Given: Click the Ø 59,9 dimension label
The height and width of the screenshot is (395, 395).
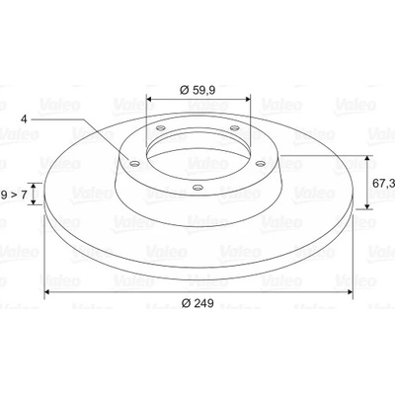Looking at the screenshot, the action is pyautogui.click(x=197, y=90).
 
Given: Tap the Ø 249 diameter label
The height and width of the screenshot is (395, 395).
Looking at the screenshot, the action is pyautogui.click(x=197, y=303).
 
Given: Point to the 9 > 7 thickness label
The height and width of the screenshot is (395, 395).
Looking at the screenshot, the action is pyautogui.click(x=14, y=195).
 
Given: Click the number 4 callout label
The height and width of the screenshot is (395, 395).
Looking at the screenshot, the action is pyautogui.click(x=24, y=118).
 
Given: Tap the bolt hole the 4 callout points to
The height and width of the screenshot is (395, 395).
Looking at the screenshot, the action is pyautogui.click(x=134, y=163).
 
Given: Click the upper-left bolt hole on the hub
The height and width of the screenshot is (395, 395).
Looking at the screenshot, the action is pyautogui.click(x=160, y=127).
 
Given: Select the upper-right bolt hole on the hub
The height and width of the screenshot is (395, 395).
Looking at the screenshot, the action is pyautogui.click(x=234, y=127).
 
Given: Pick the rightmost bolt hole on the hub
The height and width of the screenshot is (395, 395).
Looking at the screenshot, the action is pyautogui.click(x=261, y=163).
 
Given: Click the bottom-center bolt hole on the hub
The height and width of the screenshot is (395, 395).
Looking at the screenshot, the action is pyautogui.click(x=197, y=188).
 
